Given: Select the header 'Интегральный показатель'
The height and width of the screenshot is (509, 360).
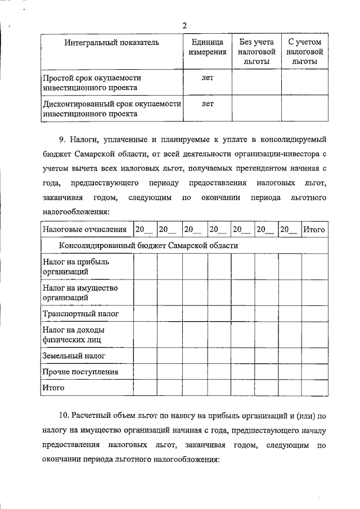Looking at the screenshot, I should (111, 43).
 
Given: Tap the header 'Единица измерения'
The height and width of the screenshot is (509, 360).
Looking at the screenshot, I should (208, 47).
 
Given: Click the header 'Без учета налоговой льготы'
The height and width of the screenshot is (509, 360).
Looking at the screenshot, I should (256, 52).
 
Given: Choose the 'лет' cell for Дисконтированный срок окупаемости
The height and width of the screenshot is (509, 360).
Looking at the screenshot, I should (208, 103).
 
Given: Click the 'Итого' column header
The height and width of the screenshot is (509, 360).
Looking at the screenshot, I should (314, 229).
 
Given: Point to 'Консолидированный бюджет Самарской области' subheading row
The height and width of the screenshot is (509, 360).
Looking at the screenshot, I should (148, 246).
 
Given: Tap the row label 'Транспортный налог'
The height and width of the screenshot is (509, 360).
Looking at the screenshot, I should (80, 313).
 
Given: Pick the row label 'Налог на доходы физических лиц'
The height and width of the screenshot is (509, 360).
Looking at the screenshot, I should (74, 335).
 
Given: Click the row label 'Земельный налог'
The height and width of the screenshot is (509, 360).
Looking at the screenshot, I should (74, 356).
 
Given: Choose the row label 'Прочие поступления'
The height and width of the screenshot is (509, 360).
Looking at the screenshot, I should (80, 372).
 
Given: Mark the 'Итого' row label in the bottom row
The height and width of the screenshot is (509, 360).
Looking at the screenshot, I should (53, 388).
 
